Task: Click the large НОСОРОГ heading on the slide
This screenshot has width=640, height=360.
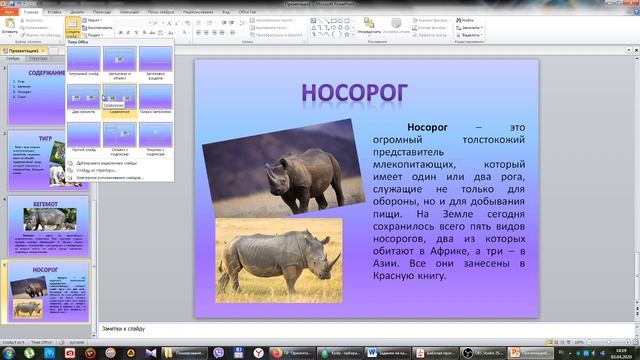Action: click(355, 91)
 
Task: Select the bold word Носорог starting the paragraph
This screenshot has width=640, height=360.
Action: click(426, 128)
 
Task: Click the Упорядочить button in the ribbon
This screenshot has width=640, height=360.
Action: click(369, 24)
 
